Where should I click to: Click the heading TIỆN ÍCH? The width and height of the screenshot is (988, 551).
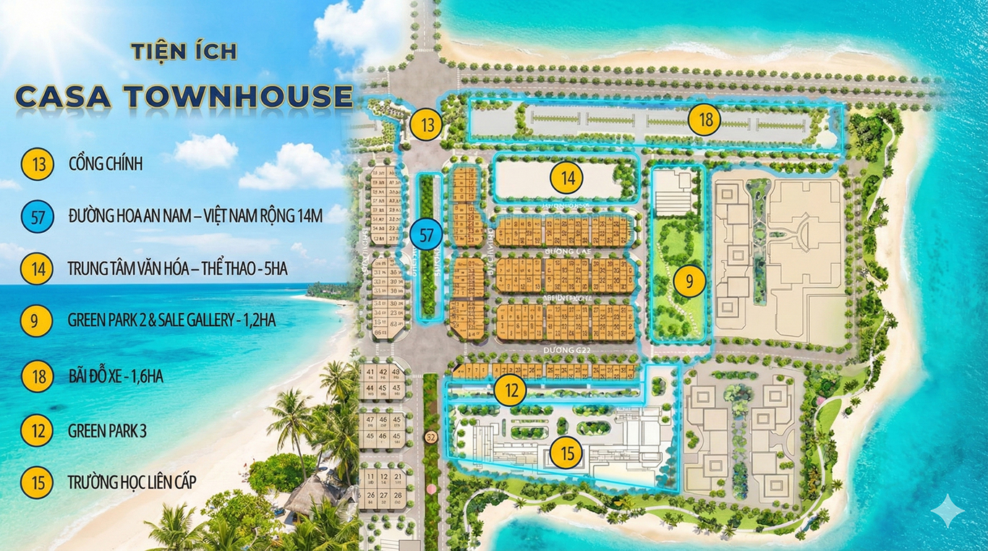tap(184, 51)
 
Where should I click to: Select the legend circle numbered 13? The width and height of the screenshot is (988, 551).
tap(37, 164)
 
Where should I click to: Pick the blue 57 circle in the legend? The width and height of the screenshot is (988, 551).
tap(37, 216)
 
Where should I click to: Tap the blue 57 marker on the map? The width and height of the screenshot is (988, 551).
tap(426, 234)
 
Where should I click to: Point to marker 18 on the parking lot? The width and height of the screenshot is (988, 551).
tap(704, 120)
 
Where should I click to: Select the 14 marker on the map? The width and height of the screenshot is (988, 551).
tap(567, 177)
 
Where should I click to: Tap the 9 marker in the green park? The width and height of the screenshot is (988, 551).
tap(689, 282)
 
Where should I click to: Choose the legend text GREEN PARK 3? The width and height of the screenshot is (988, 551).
tap(107, 432)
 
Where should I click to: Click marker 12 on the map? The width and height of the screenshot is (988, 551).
tap(511, 391)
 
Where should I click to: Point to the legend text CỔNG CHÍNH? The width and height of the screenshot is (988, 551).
tap(106, 164)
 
